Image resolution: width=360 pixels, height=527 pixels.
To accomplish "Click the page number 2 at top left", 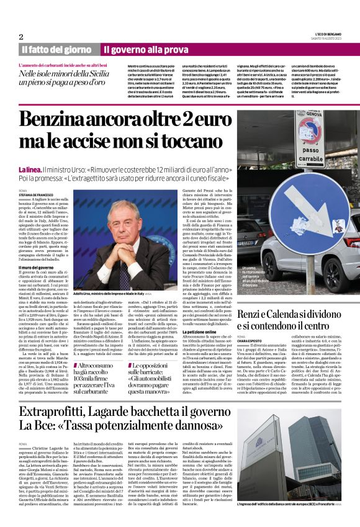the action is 21,37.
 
